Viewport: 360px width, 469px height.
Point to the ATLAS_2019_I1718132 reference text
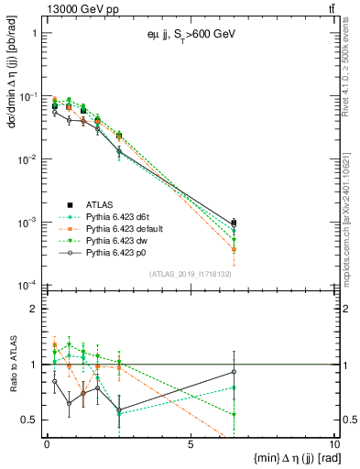coord(190,273)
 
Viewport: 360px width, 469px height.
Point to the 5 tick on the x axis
coord(191,445)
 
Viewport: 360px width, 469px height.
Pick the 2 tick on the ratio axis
coord(35,310)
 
